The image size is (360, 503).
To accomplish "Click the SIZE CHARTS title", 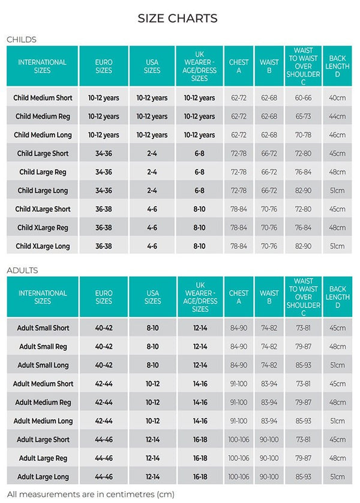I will point(178,18).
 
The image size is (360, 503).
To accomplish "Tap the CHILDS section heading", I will point(22,40).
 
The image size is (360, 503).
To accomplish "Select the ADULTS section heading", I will point(22,270).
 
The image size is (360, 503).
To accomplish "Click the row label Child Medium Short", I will point(43,98).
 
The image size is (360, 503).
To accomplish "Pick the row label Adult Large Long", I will point(43,477).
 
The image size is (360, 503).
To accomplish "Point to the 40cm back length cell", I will point(337,98).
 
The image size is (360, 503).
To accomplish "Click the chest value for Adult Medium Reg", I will point(238,402).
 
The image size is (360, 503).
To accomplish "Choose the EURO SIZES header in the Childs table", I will point(103,66).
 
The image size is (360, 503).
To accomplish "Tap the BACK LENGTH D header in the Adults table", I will point(338,297).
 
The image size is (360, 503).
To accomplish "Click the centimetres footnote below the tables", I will point(91,495).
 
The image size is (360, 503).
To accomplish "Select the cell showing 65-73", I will point(303,116).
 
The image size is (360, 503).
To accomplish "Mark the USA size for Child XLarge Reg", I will point(152,228).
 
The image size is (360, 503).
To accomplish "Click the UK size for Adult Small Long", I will point(200,365).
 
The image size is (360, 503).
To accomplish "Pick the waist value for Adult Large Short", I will point(269,439).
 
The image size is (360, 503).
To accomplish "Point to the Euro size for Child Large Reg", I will point(103,172).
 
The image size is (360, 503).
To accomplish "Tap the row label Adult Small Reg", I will point(43,347).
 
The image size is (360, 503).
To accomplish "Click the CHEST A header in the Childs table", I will point(238,66).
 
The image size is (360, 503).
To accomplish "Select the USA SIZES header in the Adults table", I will point(152,297).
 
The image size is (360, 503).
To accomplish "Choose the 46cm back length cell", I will point(337,135).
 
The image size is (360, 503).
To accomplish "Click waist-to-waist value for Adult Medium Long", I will point(303,421).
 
